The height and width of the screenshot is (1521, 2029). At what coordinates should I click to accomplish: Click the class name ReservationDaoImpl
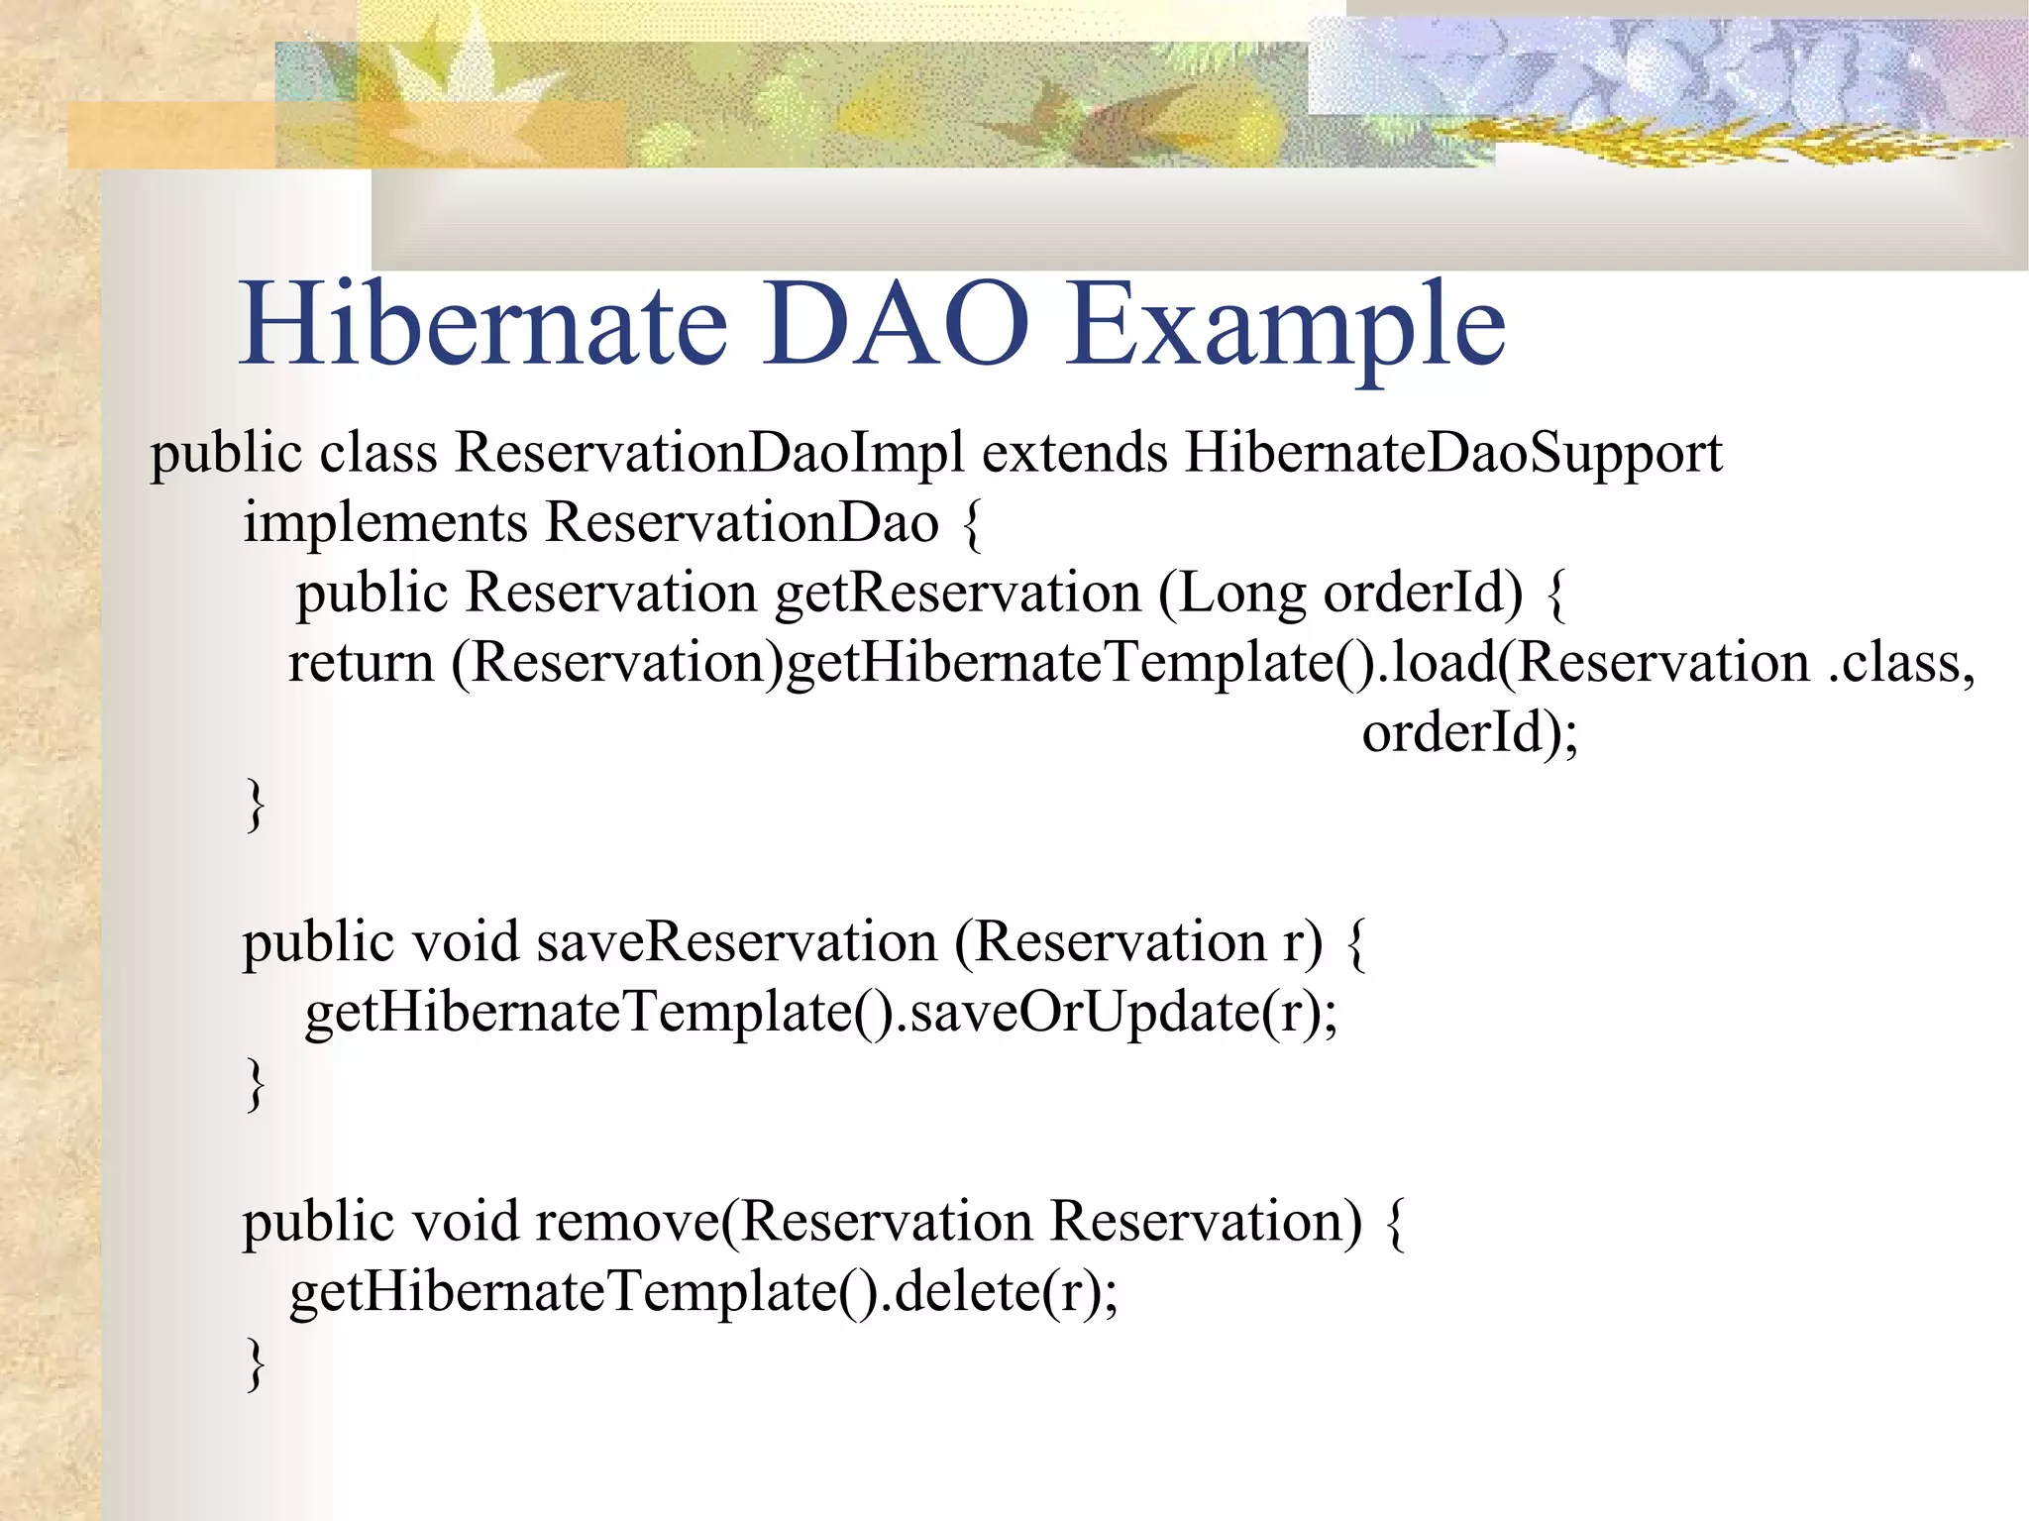tap(708, 453)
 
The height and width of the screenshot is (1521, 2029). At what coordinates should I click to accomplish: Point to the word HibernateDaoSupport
tap(1453, 453)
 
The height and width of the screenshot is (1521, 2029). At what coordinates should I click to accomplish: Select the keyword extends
tap(1074, 453)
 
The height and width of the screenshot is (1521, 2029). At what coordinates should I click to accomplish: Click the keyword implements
tap(385, 523)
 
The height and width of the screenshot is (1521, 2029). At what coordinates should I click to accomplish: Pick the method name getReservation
tap(957, 593)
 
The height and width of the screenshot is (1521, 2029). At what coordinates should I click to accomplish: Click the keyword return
tap(361, 662)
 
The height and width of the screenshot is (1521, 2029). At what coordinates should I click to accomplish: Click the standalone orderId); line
tap(1469, 732)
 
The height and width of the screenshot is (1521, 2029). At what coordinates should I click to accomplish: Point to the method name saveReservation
tap(737, 941)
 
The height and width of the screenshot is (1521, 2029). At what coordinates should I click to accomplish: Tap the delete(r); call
tap(1005, 1291)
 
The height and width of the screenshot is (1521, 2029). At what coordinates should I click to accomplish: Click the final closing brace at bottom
tap(256, 1363)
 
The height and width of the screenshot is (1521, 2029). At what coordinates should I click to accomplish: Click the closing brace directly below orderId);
tap(256, 804)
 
